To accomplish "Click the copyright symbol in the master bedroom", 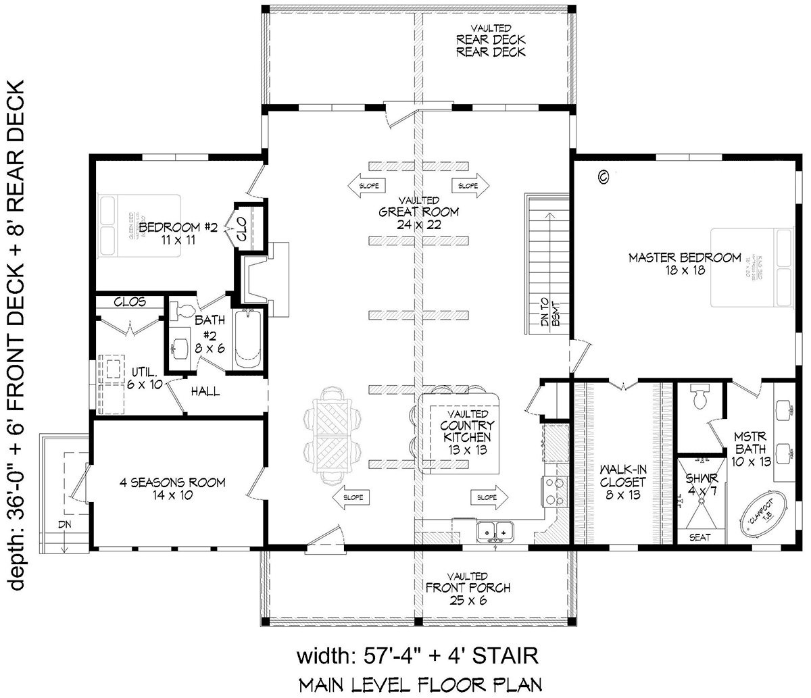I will [604, 177].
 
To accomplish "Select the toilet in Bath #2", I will [184, 311].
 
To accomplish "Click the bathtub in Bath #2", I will [248, 337].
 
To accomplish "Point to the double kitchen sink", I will [495, 531].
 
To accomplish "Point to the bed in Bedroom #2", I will [138, 227].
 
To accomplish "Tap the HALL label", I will [205, 391].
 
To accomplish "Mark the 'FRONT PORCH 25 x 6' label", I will [467, 594].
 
